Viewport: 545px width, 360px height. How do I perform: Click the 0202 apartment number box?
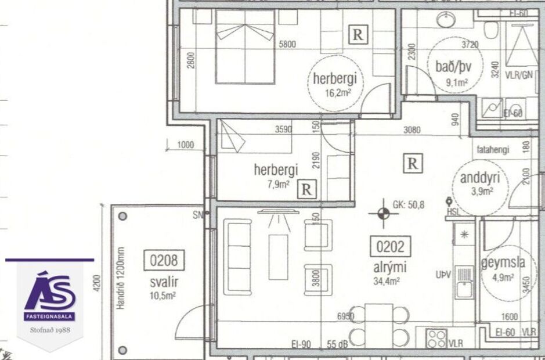[389, 247]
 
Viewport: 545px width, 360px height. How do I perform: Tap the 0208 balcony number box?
[163, 261]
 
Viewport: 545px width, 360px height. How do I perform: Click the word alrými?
[389, 268]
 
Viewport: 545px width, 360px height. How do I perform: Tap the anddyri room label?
[476, 178]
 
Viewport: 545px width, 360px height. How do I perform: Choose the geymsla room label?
[503, 262]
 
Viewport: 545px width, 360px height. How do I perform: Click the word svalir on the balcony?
[163, 282]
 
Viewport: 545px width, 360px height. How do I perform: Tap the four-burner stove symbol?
[436, 338]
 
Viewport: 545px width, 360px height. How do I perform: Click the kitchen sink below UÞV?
[464, 289]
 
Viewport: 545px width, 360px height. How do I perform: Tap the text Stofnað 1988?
[49, 330]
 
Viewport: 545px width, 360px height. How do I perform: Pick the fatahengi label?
[493, 150]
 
